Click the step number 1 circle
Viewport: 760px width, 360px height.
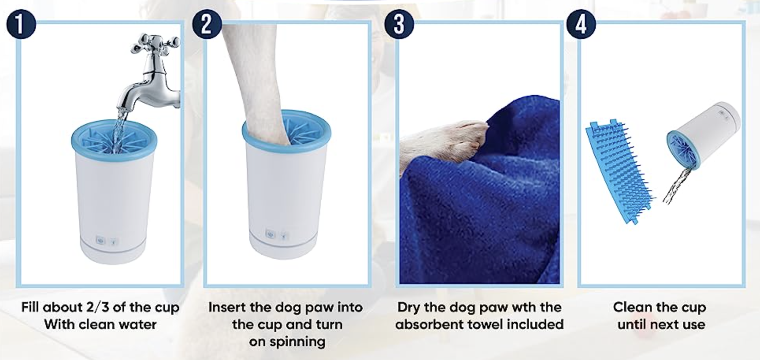click(x=21, y=24)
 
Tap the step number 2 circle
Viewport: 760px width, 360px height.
click(x=207, y=24)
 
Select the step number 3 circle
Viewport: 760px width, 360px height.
click(x=399, y=24)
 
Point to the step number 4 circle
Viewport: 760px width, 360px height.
click(x=581, y=24)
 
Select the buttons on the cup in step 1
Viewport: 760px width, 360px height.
click(x=107, y=241)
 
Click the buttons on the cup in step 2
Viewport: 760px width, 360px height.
click(x=277, y=235)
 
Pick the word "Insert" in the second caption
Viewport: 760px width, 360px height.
click(x=227, y=307)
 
